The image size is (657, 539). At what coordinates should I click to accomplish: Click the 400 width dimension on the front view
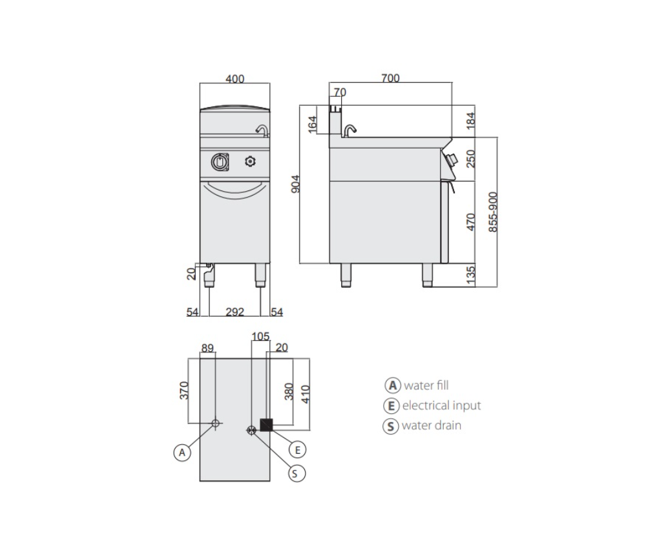coord(235,79)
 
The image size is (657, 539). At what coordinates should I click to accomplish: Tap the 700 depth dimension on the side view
coord(390,78)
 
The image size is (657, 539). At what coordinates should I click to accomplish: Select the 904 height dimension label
coord(295,184)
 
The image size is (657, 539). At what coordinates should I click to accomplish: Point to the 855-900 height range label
coord(493,212)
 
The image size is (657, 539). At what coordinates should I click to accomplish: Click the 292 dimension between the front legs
coord(235,312)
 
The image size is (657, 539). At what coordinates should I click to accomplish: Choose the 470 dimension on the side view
coord(471,222)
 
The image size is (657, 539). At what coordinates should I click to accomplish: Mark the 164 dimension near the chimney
coord(313,125)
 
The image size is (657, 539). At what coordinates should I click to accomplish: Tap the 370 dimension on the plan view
coord(184,391)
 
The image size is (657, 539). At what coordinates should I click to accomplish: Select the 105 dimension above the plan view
coord(260,337)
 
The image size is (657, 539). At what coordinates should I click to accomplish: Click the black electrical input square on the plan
coord(267,425)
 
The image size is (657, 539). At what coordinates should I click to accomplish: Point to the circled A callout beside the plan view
coord(182,453)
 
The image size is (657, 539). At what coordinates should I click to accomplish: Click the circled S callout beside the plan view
coord(297,473)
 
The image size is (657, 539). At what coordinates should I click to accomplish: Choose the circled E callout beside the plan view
coord(298,450)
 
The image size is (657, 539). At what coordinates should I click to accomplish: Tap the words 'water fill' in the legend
coord(426,385)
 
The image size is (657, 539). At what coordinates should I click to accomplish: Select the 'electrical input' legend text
coord(442,405)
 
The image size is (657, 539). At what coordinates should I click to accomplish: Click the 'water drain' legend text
coord(432,425)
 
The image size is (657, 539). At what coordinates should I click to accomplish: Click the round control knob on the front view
coord(220,162)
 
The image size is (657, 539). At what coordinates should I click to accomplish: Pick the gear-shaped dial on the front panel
coord(250,161)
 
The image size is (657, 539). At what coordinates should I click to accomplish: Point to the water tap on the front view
coord(263,130)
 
